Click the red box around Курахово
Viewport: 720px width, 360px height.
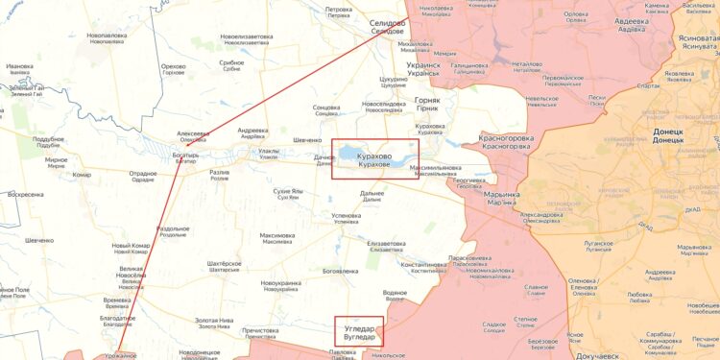point(374,159)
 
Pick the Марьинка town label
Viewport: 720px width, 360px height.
point(501,197)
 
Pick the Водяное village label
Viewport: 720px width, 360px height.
point(395,294)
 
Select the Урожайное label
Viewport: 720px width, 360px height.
point(121,355)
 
